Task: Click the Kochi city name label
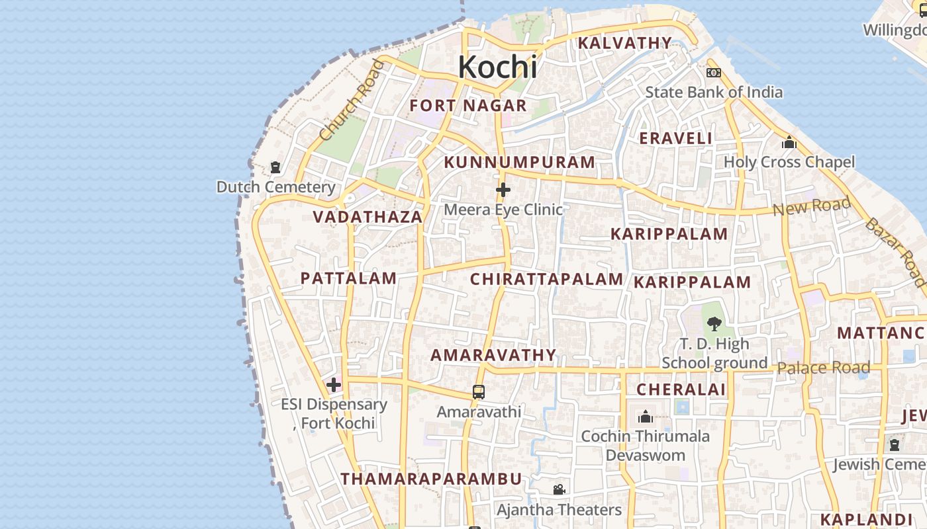click(497, 67)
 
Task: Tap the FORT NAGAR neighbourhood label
click(468, 106)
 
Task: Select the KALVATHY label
click(625, 43)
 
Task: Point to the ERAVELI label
click(675, 138)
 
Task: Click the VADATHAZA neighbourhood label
click(367, 217)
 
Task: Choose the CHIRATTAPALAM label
click(547, 279)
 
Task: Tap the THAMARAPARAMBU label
click(431, 479)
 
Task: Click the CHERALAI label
click(681, 389)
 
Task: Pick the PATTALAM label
click(348, 278)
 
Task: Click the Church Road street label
click(351, 101)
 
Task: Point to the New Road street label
click(812, 207)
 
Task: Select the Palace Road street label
click(824, 368)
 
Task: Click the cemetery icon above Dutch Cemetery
click(275, 167)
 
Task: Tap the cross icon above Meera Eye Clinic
click(503, 190)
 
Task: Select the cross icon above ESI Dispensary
click(334, 384)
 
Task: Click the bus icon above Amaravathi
click(479, 392)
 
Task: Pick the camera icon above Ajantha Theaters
click(559, 490)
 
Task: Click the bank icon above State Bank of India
click(714, 73)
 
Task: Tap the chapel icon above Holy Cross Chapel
click(789, 142)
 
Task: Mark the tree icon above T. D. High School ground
click(714, 324)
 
